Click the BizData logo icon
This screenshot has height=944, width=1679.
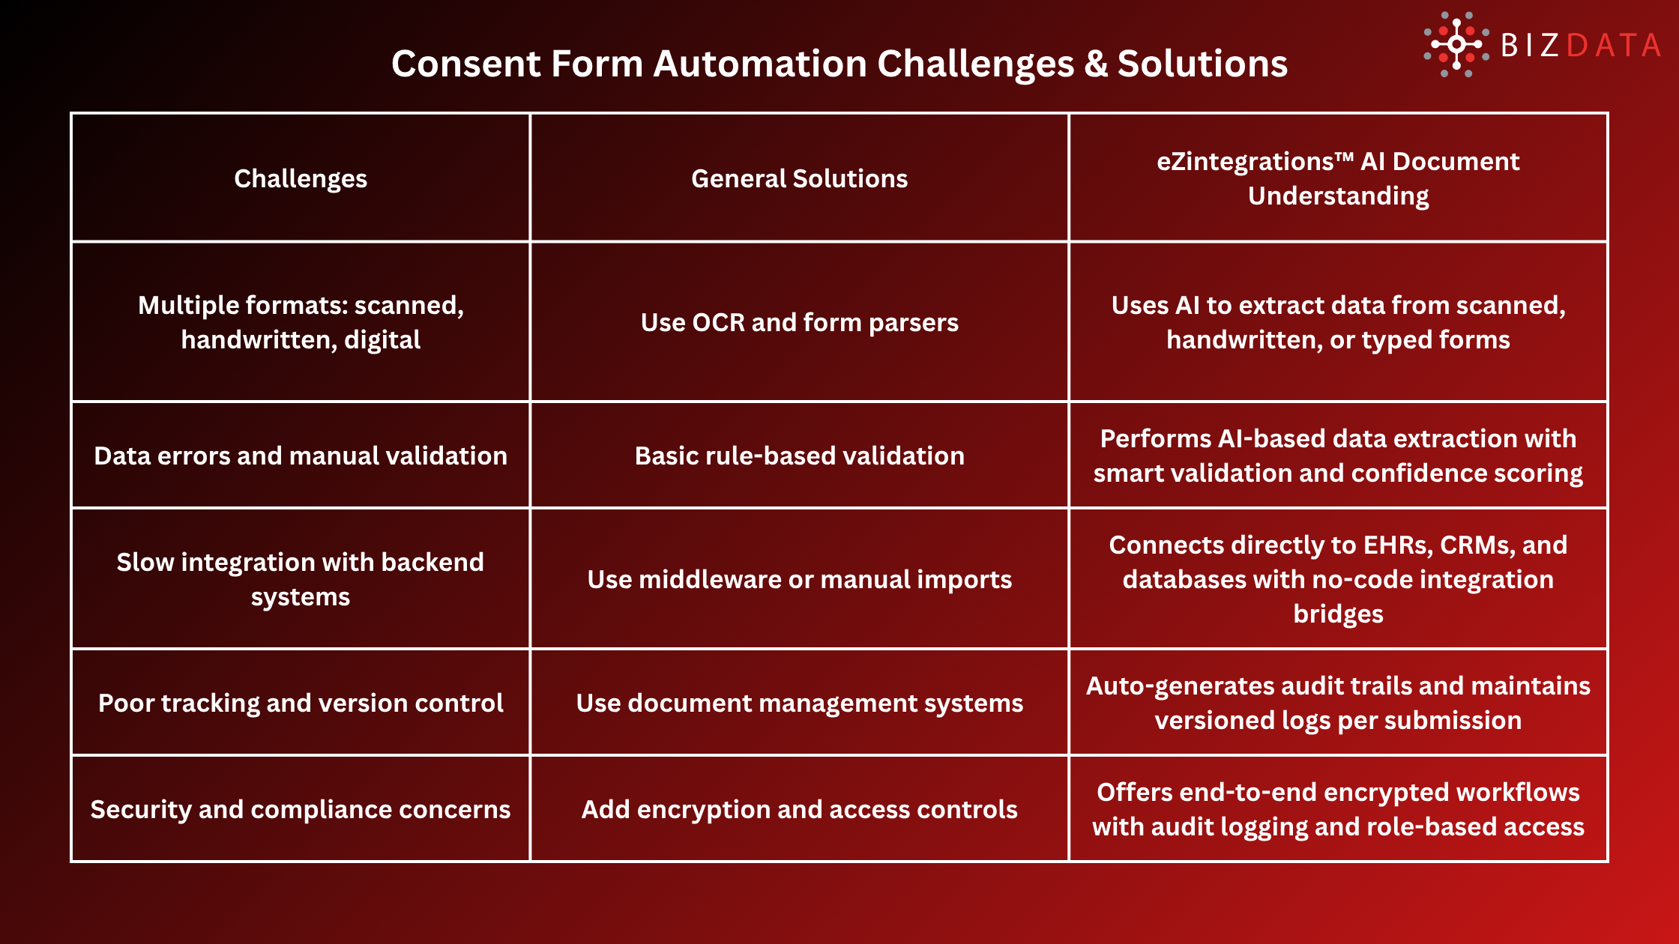(x=1456, y=44)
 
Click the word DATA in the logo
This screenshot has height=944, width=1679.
(x=1614, y=46)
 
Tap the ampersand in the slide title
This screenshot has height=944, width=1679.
(x=1095, y=64)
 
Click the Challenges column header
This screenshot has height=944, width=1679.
(x=301, y=178)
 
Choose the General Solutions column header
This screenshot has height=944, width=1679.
(x=799, y=178)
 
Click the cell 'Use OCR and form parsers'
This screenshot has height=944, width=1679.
(x=799, y=322)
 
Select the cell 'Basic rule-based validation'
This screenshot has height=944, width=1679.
(x=799, y=456)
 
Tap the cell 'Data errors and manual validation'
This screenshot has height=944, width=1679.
(x=301, y=456)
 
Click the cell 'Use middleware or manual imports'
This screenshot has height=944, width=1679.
(x=799, y=579)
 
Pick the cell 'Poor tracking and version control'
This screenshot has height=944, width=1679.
(x=301, y=703)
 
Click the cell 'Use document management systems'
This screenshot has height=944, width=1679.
(x=799, y=703)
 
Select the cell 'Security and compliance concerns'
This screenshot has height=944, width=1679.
(x=301, y=809)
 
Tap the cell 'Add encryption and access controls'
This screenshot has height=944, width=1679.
(x=799, y=809)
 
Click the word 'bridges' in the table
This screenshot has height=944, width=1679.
(x=1338, y=614)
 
